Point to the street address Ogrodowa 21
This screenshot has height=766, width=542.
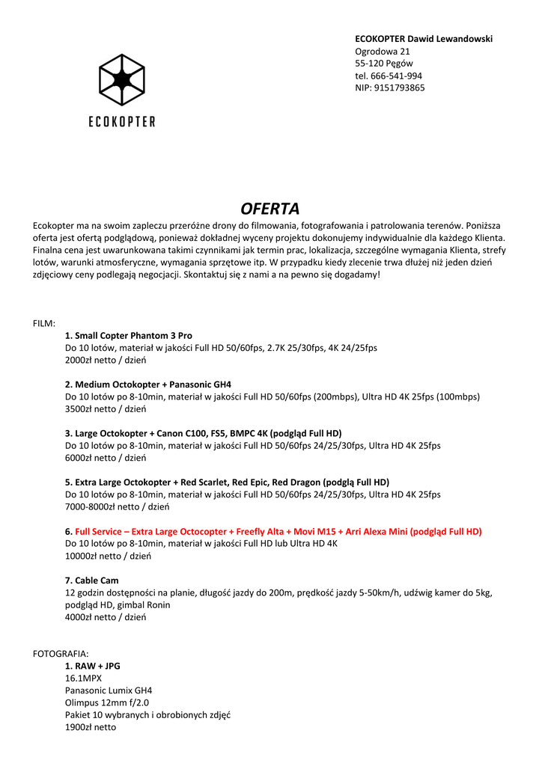point(382,51)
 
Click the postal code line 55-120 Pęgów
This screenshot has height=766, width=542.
point(383,64)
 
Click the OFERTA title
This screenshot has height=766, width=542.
point(270,208)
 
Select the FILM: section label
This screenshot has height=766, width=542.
point(44,323)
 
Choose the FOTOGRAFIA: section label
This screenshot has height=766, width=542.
point(61,653)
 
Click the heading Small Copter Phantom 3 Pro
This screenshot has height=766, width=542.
point(129,336)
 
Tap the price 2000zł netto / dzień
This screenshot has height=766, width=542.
point(106,360)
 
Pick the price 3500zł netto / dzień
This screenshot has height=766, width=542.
point(106,409)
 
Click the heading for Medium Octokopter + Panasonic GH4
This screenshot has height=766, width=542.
point(148,384)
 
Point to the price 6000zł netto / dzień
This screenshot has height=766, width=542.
point(106,458)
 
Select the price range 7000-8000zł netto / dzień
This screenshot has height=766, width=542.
point(118,506)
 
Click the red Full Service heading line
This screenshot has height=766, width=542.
point(273,531)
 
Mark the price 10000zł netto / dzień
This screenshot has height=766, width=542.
point(109,556)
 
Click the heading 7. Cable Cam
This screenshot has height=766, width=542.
point(92,580)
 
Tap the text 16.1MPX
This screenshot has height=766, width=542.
point(83,678)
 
